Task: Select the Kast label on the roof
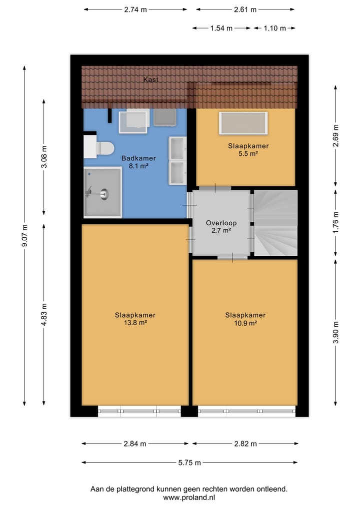150,80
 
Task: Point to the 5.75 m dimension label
190,463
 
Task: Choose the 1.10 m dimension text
275,28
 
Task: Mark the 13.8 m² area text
135,323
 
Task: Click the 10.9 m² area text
245,323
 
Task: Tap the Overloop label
221,223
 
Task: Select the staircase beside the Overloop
275,222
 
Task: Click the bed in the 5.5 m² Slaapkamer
243,123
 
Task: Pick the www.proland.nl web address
188,498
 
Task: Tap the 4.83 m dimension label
44,315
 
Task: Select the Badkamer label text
135,158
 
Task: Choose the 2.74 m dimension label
135,9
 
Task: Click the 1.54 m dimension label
222,28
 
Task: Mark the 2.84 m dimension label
135,444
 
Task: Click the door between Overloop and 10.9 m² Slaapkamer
232,257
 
